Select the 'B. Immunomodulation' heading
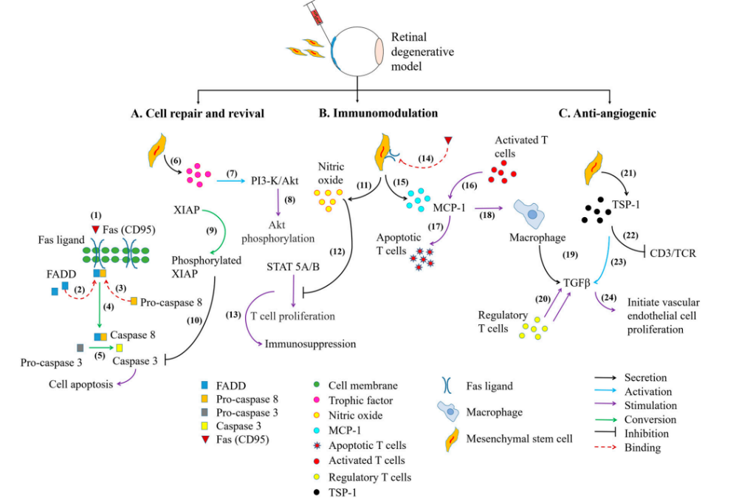point(379,113)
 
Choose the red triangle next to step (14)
point(448,140)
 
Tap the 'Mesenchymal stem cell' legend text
point(517,439)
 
